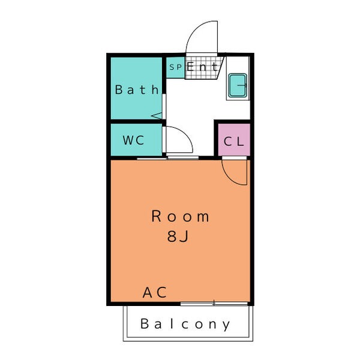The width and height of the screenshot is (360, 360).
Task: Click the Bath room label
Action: pos(137,89)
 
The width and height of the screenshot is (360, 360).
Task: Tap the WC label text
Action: pos(133,140)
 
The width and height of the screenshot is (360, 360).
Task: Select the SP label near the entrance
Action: pos(176,67)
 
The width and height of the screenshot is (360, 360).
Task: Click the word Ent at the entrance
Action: pos(202,67)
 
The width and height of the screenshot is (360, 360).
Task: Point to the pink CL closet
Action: pos(234,140)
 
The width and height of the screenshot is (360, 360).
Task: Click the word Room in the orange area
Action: pos(181,216)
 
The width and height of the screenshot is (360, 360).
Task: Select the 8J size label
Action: pos(178,236)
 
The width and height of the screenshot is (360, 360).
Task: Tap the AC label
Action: pos(155,292)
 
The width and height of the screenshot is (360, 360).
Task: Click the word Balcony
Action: pos(185,324)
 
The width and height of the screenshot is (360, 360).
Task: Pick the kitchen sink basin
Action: pos(238,85)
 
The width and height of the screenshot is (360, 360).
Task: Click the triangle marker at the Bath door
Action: pos(157,115)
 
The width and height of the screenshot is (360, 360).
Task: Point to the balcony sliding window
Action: pos(214,304)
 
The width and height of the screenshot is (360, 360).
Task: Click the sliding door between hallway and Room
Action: pos(168,158)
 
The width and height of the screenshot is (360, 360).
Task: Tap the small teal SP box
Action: pos(176,67)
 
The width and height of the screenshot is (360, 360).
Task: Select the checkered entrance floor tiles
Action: pos(203,67)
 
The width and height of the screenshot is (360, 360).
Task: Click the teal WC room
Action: pos(136,140)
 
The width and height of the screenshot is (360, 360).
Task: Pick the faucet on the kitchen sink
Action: pos(242,85)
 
